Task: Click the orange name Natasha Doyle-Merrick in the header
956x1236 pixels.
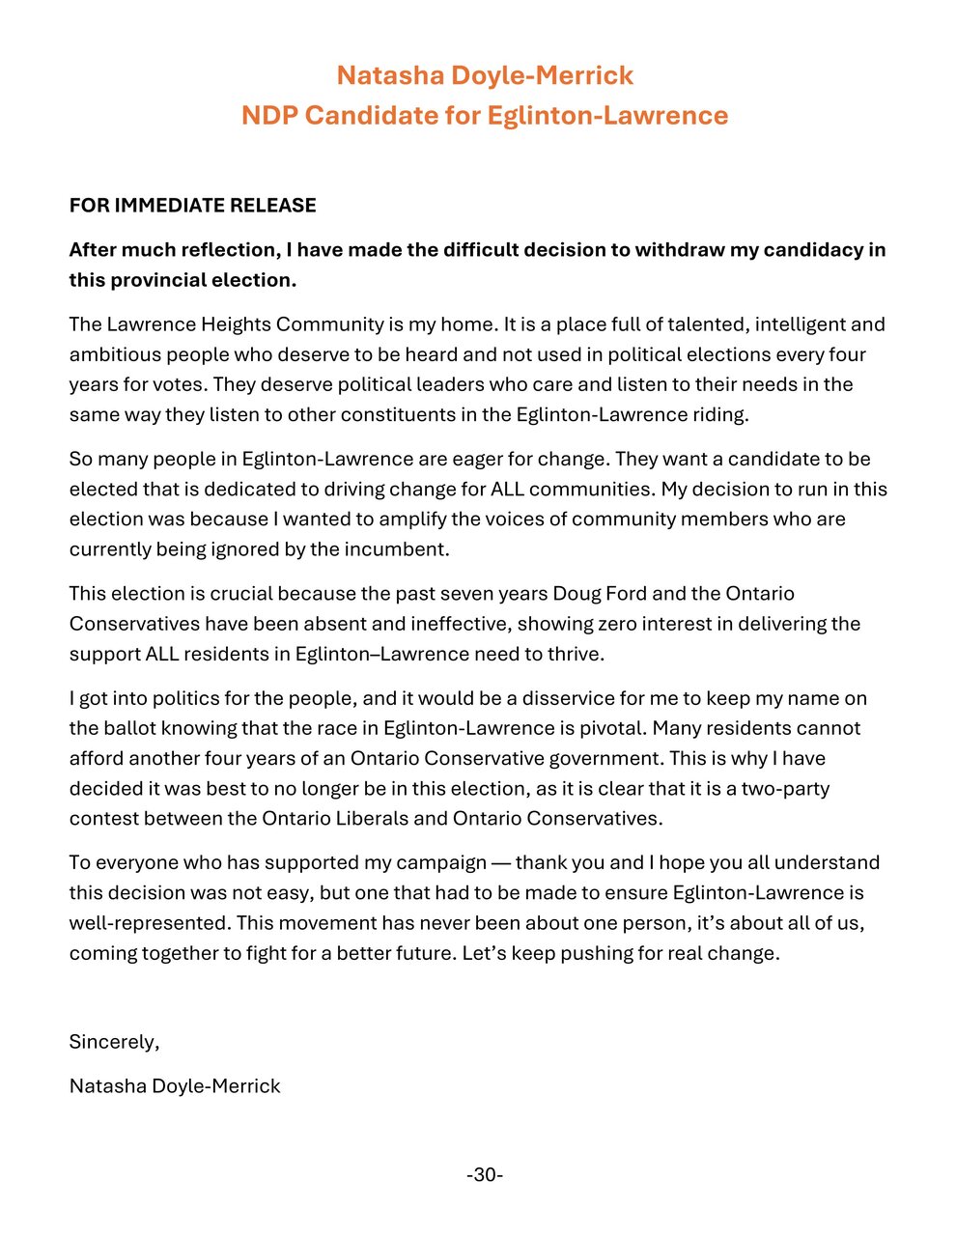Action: point(485,75)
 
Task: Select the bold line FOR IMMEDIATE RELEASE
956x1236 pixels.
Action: point(192,205)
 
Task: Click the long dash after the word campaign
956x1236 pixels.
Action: point(500,862)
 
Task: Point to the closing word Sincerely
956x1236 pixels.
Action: point(113,1042)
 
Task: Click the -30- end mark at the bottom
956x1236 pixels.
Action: point(485,1175)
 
